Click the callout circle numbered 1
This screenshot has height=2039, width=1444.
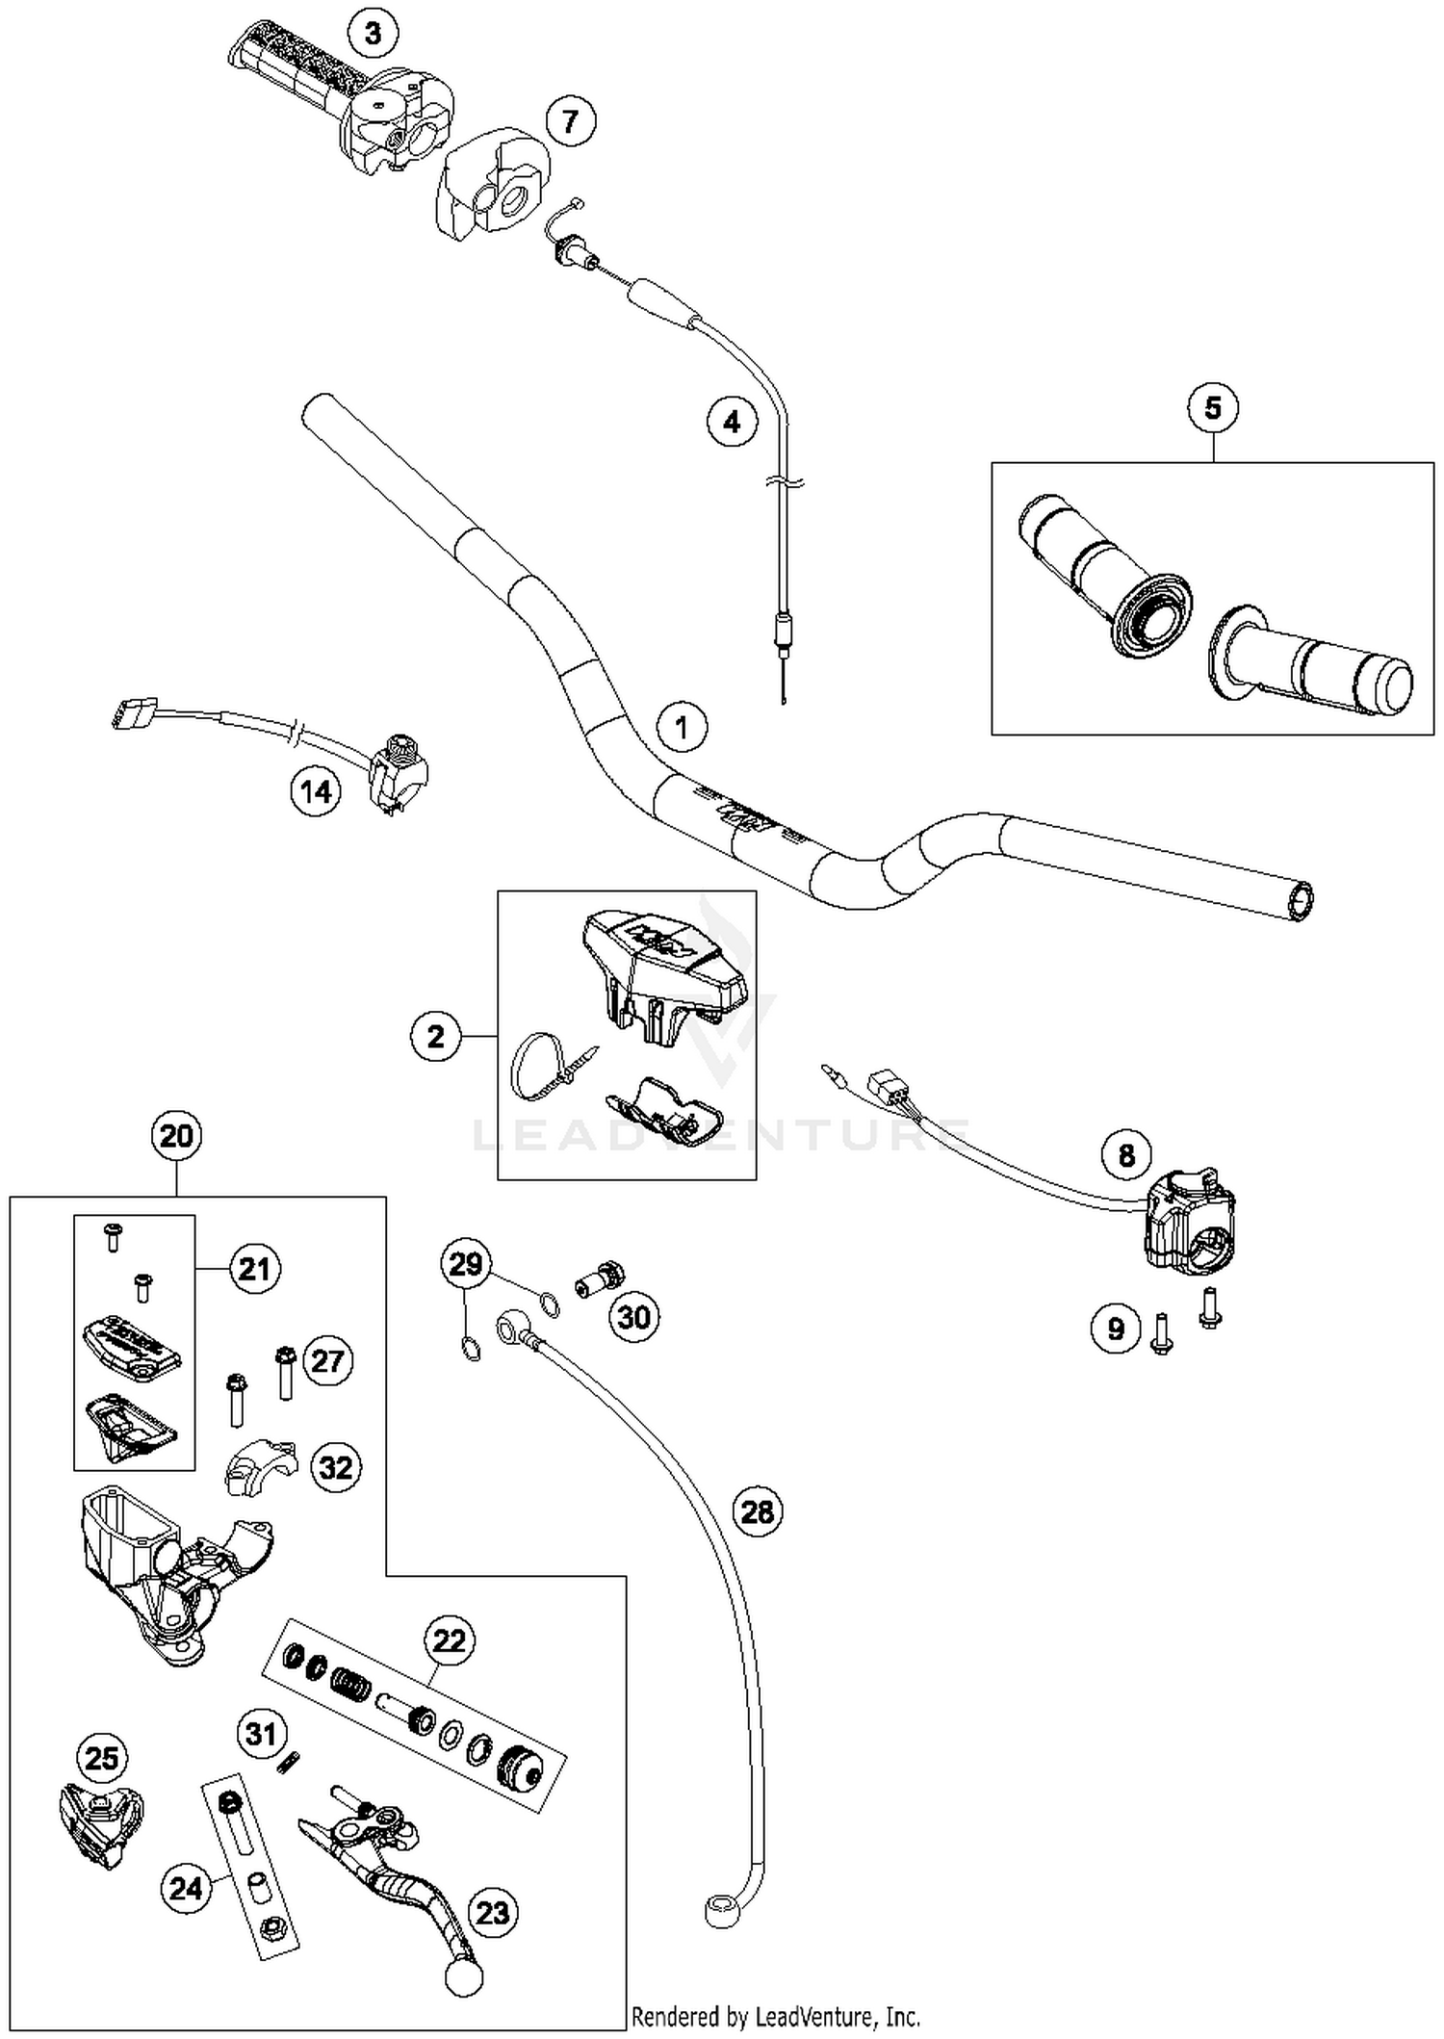(x=682, y=727)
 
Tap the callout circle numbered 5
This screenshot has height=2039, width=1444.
(x=1212, y=408)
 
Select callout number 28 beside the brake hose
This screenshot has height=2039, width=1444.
(x=757, y=1511)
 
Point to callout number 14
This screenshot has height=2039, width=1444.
(x=316, y=792)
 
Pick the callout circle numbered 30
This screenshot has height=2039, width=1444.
(x=633, y=1316)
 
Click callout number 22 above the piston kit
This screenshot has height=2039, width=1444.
(x=450, y=1639)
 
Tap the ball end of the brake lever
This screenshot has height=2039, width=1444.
(x=463, y=1977)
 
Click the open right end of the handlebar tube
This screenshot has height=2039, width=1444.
(x=1301, y=901)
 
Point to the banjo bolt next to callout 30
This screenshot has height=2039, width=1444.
(x=600, y=1278)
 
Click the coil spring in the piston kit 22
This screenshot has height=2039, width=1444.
(x=350, y=1683)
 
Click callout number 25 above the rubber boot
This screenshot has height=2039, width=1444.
(x=101, y=1758)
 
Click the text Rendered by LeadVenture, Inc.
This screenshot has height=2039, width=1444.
(x=776, y=2017)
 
